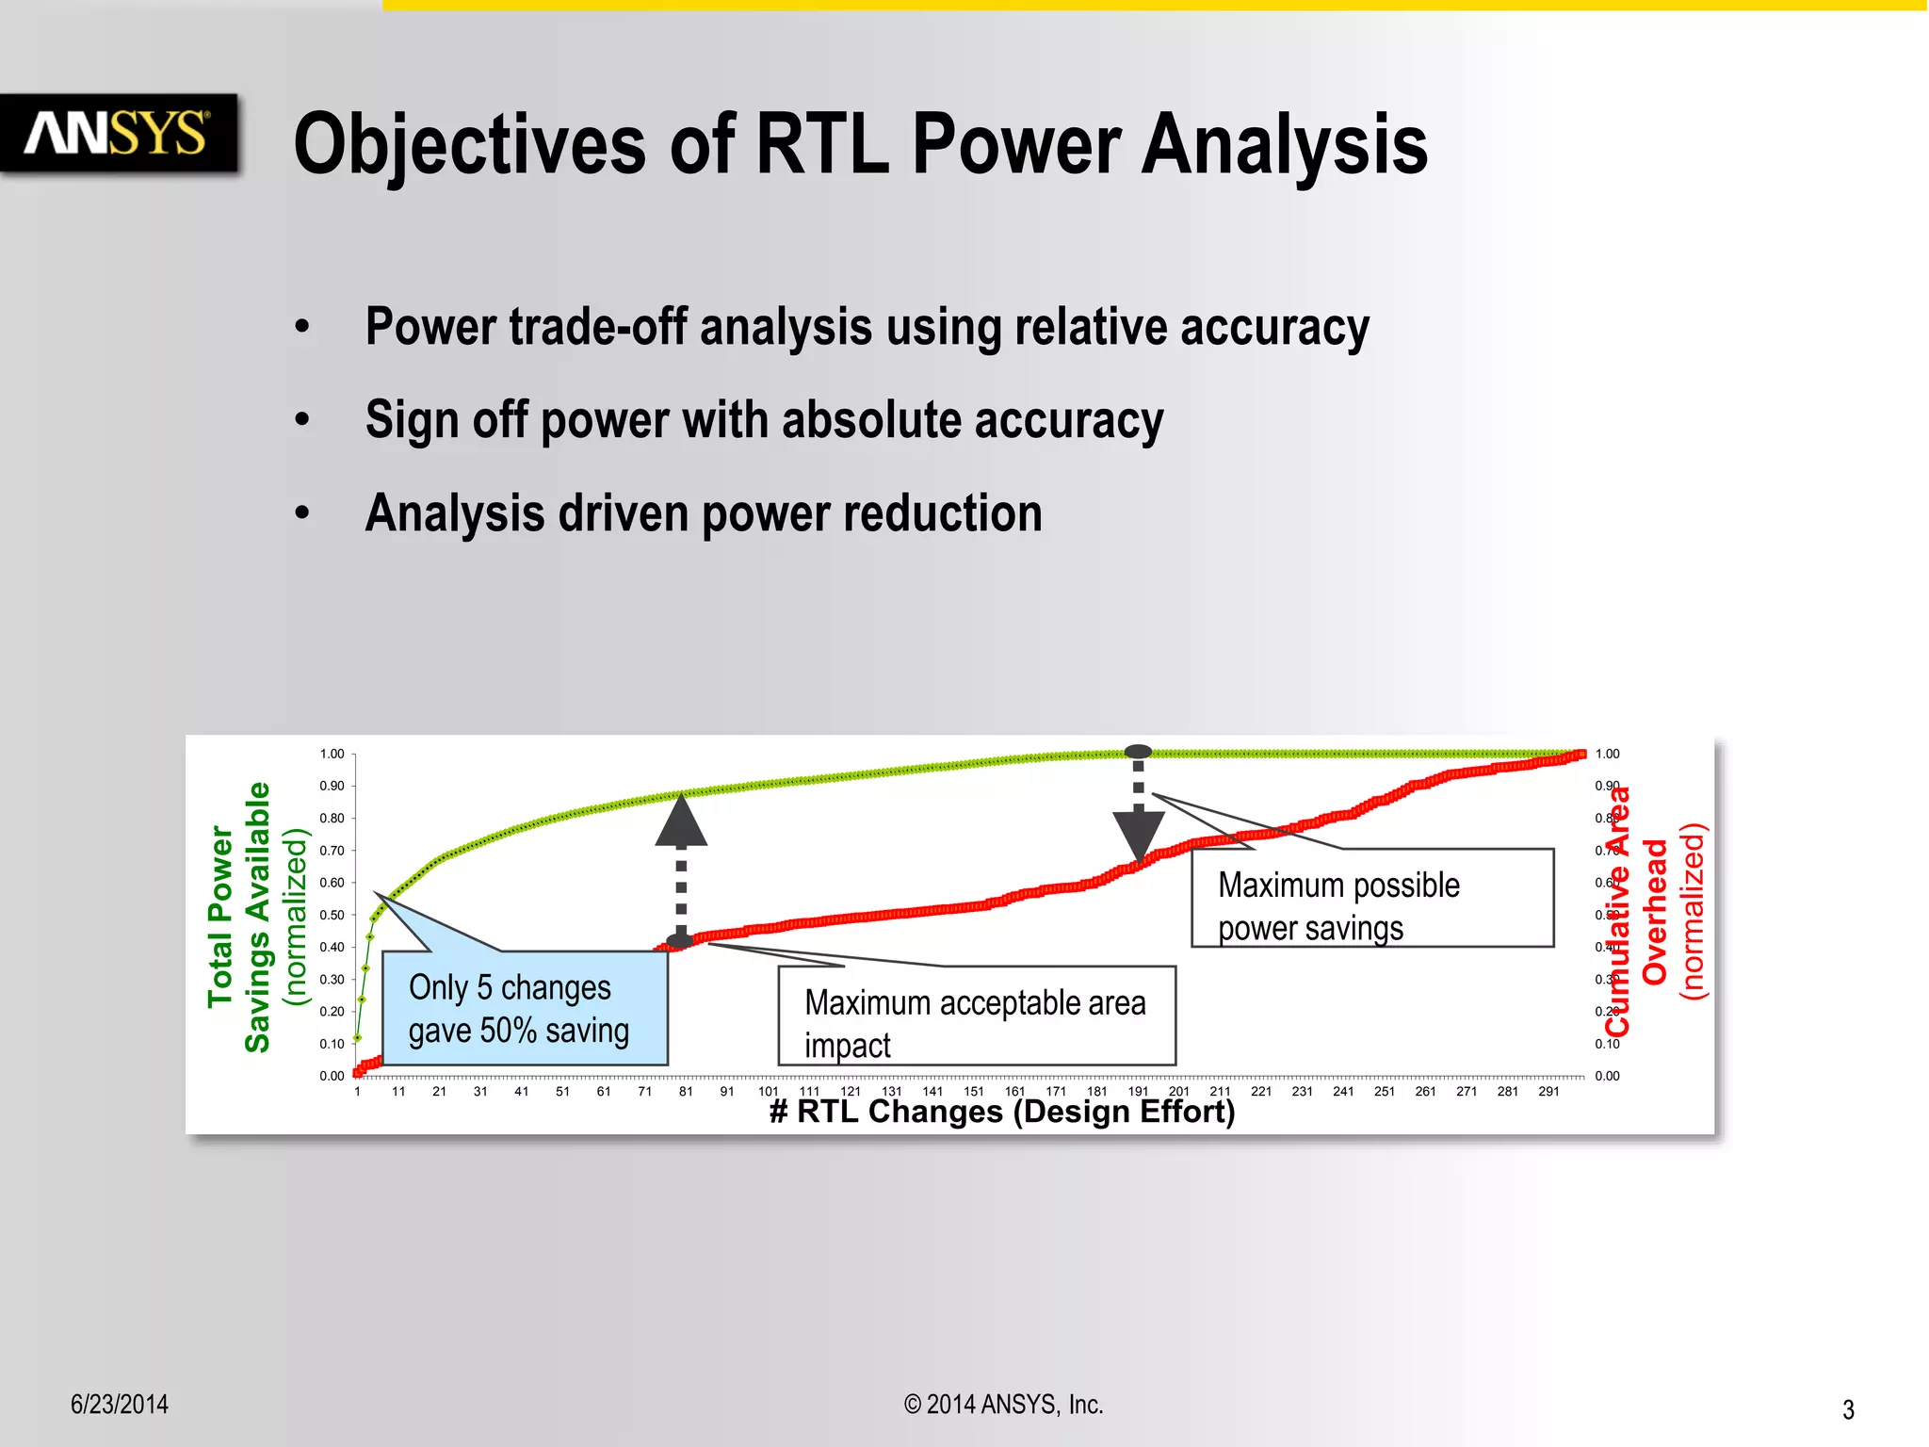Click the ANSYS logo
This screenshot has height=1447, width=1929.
click(118, 133)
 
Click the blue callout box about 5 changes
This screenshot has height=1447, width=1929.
click(524, 1009)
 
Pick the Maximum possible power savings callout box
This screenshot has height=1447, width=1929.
click(1371, 899)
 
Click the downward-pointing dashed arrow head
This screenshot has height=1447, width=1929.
click(1139, 834)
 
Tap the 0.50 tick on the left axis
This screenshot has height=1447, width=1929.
click(332, 915)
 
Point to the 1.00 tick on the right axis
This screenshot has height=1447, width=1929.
click(1607, 754)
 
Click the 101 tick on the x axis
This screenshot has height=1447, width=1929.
click(769, 1092)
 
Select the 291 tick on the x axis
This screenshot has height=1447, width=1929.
click(1548, 1092)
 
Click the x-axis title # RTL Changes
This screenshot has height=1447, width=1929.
click(1002, 1113)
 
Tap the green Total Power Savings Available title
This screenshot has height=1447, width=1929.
click(239, 917)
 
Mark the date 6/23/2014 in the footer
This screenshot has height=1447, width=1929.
click(120, 1405)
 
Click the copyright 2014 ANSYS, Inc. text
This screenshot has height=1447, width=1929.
click(1003, 1405)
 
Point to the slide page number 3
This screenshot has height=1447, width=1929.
click(1848, 1409)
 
